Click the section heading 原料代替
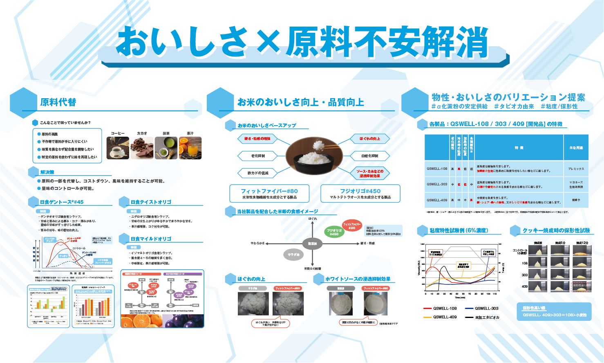coord(58,102)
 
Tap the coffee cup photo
coord(118,148)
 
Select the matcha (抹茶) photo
coord(166,148)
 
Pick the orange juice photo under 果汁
coord(190,148)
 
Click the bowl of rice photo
coord(314,155)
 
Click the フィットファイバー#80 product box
coord(269,194)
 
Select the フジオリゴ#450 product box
coord(360,194)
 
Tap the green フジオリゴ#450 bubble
coord(334,232)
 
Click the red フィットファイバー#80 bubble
coord(352,225)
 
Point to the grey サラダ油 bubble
coord(293,255)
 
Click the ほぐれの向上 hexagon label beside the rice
coord(369,139)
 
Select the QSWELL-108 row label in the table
coord(437,169)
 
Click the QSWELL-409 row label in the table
coord(437,200)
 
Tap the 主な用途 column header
coord(576,148)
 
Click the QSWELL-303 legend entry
coord(486,309)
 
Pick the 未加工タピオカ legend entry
coord(487,317)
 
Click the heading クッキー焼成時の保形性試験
coord(556,231)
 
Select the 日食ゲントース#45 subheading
coord(62,202)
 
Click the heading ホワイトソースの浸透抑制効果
coord(358,279)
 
